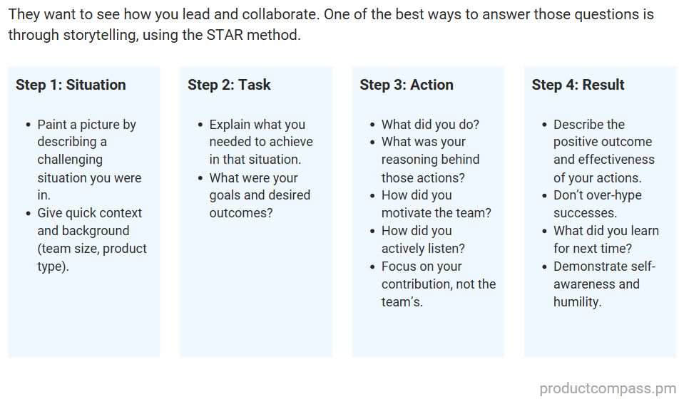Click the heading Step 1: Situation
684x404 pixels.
pyautogui.click(x=71, y=85)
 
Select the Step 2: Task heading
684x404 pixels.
pyautogui.click(x=229, y=85)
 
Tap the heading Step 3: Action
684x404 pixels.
pyautogui.click(x=407, y=85)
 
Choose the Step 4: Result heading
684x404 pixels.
pyautogui.click(x=578, y=85)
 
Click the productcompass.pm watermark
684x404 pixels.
pyautogui.click(x=608, y=388)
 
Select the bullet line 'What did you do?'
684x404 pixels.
pyautogui.click(x=430, y=125)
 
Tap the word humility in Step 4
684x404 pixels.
pyautogui.click(x=577, y=301)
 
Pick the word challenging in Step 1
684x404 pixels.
pyautogui.click(x=70, y=160)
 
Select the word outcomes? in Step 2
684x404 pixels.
pyautogui.click(x=240, y=213)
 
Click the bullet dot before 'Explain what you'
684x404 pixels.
pyautogui.click(x=200, y=125)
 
